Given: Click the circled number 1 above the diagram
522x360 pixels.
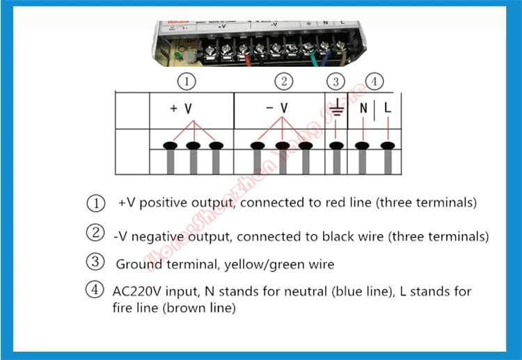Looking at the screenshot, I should click(187, 81).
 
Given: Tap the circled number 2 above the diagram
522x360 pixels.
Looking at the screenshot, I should click(283, 81).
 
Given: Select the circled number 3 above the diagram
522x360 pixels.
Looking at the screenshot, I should click(335, 82).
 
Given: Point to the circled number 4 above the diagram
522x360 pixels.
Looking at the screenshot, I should click(374, 82).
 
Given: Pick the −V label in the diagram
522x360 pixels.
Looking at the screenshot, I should click(276, 109).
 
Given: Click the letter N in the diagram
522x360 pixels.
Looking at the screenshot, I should click(363, 109).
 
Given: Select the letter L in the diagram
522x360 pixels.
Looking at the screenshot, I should click(388, 109).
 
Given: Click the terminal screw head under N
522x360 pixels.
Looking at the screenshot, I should click(361, 146).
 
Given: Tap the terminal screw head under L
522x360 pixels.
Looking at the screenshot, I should click(387, 146).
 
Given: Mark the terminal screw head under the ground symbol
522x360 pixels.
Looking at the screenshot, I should click(337, 146).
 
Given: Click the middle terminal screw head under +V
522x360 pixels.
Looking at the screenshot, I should click(193, 146).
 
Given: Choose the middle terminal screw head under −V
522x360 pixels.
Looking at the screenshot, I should click(282, 146).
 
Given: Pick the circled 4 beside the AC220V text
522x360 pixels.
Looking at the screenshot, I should click(95, 290).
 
